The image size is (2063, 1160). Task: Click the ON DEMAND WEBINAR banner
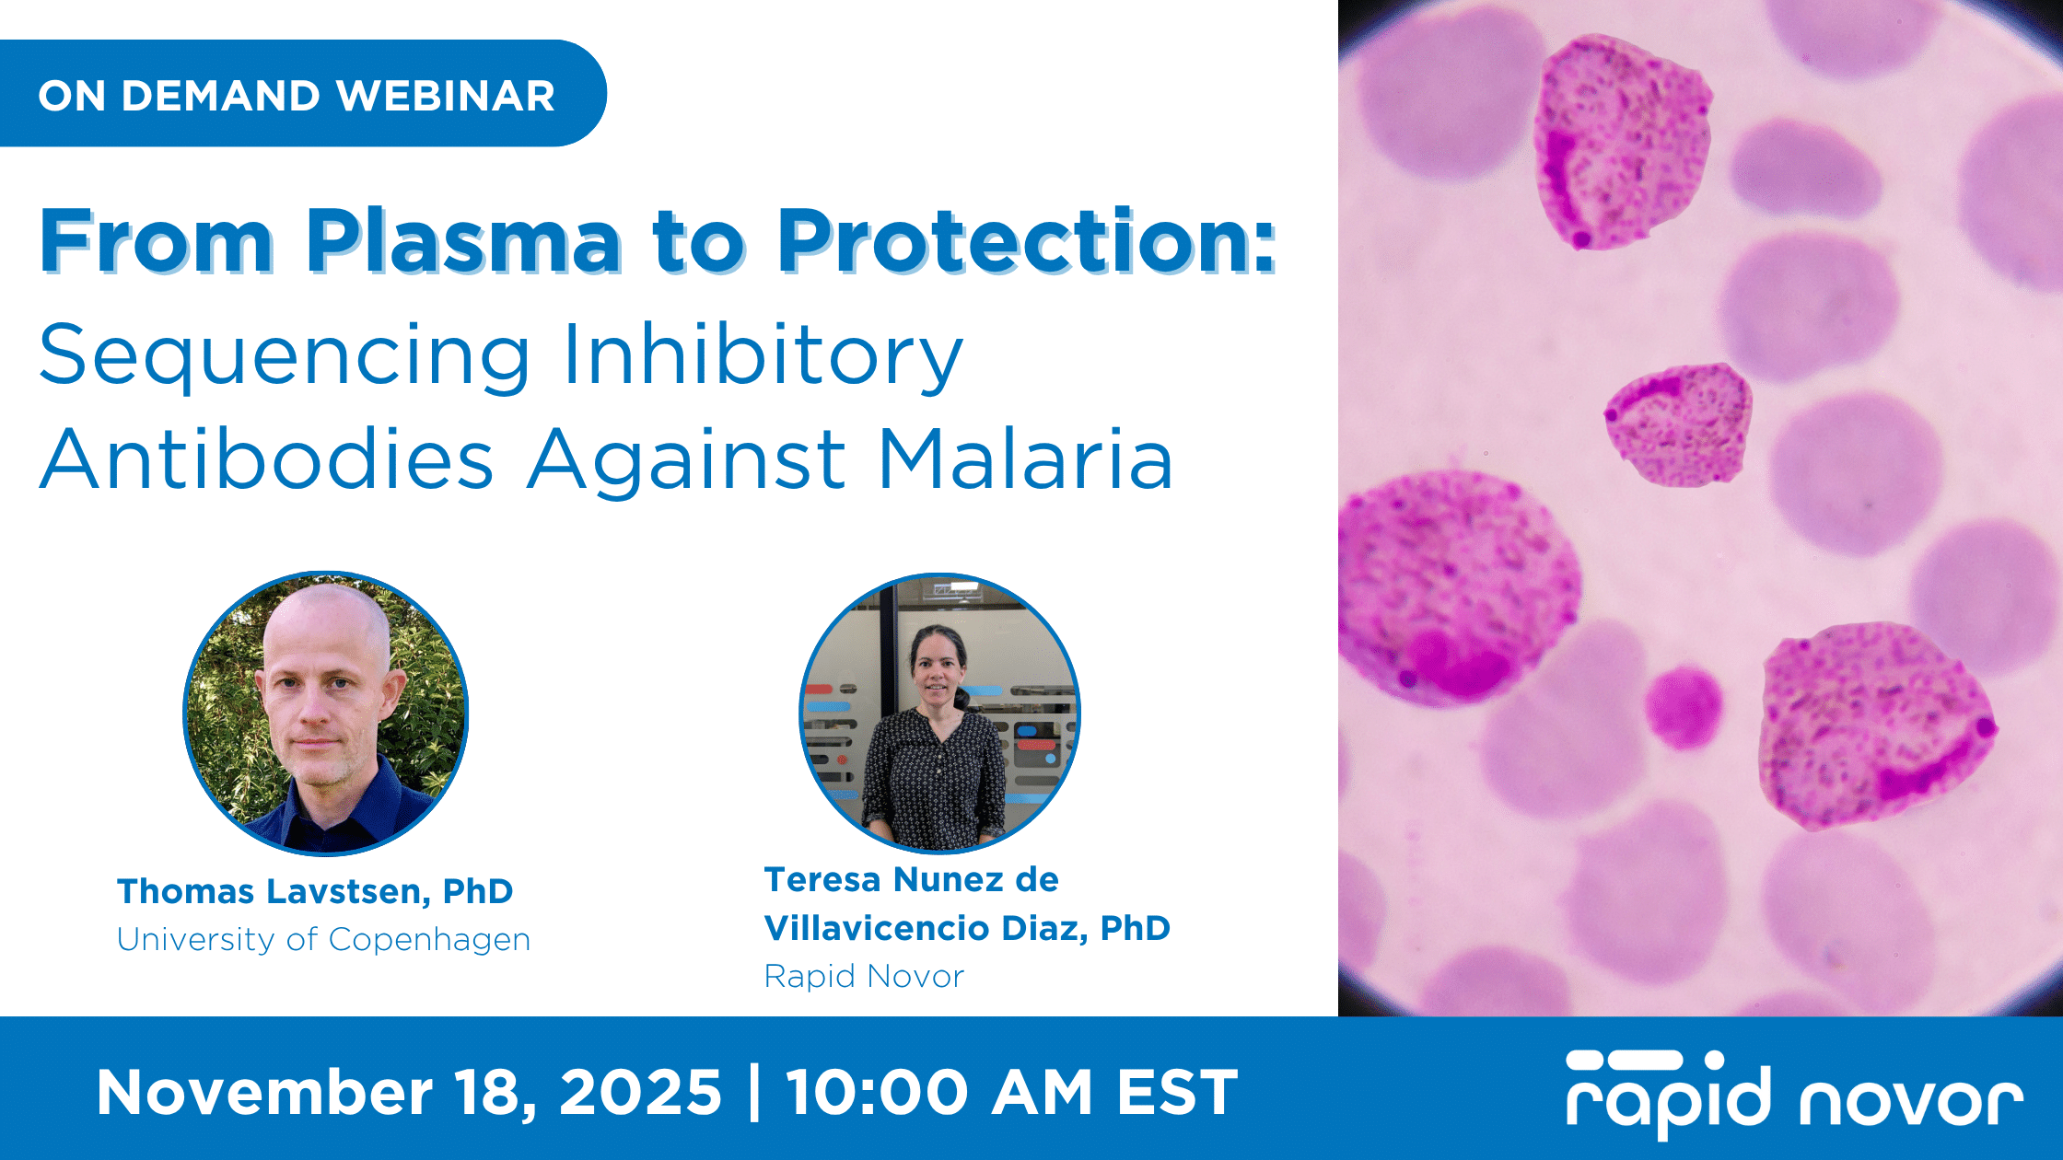coord(302,93)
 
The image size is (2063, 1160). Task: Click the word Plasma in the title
coord(463,240)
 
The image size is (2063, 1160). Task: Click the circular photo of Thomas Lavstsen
coord(326,713)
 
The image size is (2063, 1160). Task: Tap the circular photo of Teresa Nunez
coord(939,713)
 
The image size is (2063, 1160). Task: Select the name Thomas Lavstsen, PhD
coord(315,891)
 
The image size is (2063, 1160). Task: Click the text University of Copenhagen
coord(323,939)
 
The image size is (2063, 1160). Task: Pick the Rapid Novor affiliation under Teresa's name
coord(864,976)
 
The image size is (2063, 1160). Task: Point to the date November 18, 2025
coord(409,1093)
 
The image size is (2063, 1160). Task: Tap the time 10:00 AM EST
coord(1011,1093)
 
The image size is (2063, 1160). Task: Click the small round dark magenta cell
coord(1684,707)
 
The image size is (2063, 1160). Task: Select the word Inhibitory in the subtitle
coord(763,357)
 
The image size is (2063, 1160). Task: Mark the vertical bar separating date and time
coord(755,1093)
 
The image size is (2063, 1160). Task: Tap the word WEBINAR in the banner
coord(446,96)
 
